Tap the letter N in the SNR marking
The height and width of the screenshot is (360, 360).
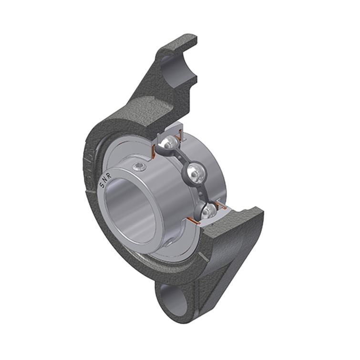coord(105,180)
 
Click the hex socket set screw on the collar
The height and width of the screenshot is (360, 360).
coord(140,166)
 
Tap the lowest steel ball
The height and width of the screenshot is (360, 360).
coord(209,210)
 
